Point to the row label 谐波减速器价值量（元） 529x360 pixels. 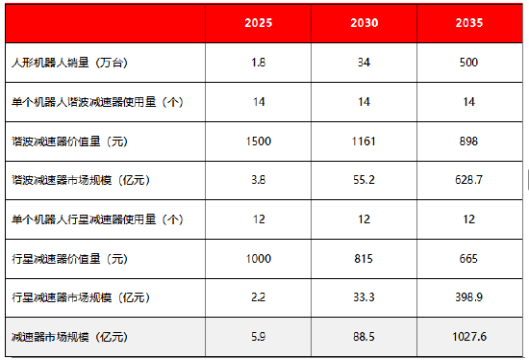click(68, 141)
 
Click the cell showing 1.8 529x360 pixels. click(259, 64)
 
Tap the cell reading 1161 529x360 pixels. click(365, 141)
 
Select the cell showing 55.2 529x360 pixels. click(365, 180)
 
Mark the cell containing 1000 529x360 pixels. click(259, 259)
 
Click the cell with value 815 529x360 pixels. click(365, 259)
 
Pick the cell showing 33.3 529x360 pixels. click(365, 297)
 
